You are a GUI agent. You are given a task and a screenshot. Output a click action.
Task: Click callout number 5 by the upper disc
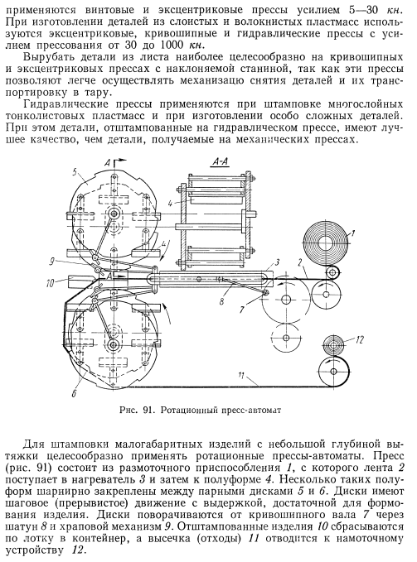pyautogui.click(x=75, y=171)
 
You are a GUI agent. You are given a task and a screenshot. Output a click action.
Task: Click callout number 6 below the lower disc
pyautogui.click(x=74, y=393)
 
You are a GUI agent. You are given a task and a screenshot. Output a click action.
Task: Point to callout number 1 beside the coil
pyautogui.click(x=352, y=233)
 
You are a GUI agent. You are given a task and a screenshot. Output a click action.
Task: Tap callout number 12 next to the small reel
pyautogui.click(x=360, y=339)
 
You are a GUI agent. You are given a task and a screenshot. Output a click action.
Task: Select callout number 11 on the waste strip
pyautogui.click(x=240, y=376)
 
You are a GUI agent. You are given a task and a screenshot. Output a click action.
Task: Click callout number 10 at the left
pyautogui.click(x=51, y=283)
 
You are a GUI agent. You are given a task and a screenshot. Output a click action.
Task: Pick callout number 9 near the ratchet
pyautogui.click(x=51, y=262)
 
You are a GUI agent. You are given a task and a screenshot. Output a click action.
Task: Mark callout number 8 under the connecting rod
pyautogui.click(x=221, y=301)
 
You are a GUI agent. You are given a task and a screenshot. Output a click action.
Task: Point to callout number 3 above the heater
pyautogui.click(x=277, y=262)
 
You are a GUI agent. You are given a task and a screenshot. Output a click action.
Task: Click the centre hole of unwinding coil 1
pyautogui.click(x=326, y=241)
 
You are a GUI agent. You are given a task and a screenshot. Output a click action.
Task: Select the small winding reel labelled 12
pyautogui.click(x=333, y=345)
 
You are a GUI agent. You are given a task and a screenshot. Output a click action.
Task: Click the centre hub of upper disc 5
pyautogui.click(x=114, y=214)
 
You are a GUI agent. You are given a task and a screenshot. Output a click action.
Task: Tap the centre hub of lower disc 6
pyautogui.click(x=114, y=345)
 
